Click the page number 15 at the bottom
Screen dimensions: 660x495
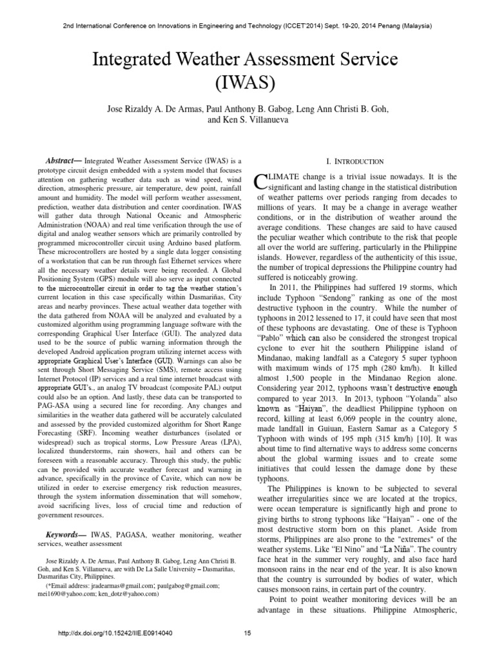coord(247,634)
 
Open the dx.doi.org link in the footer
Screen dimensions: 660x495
coord(115,634)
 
